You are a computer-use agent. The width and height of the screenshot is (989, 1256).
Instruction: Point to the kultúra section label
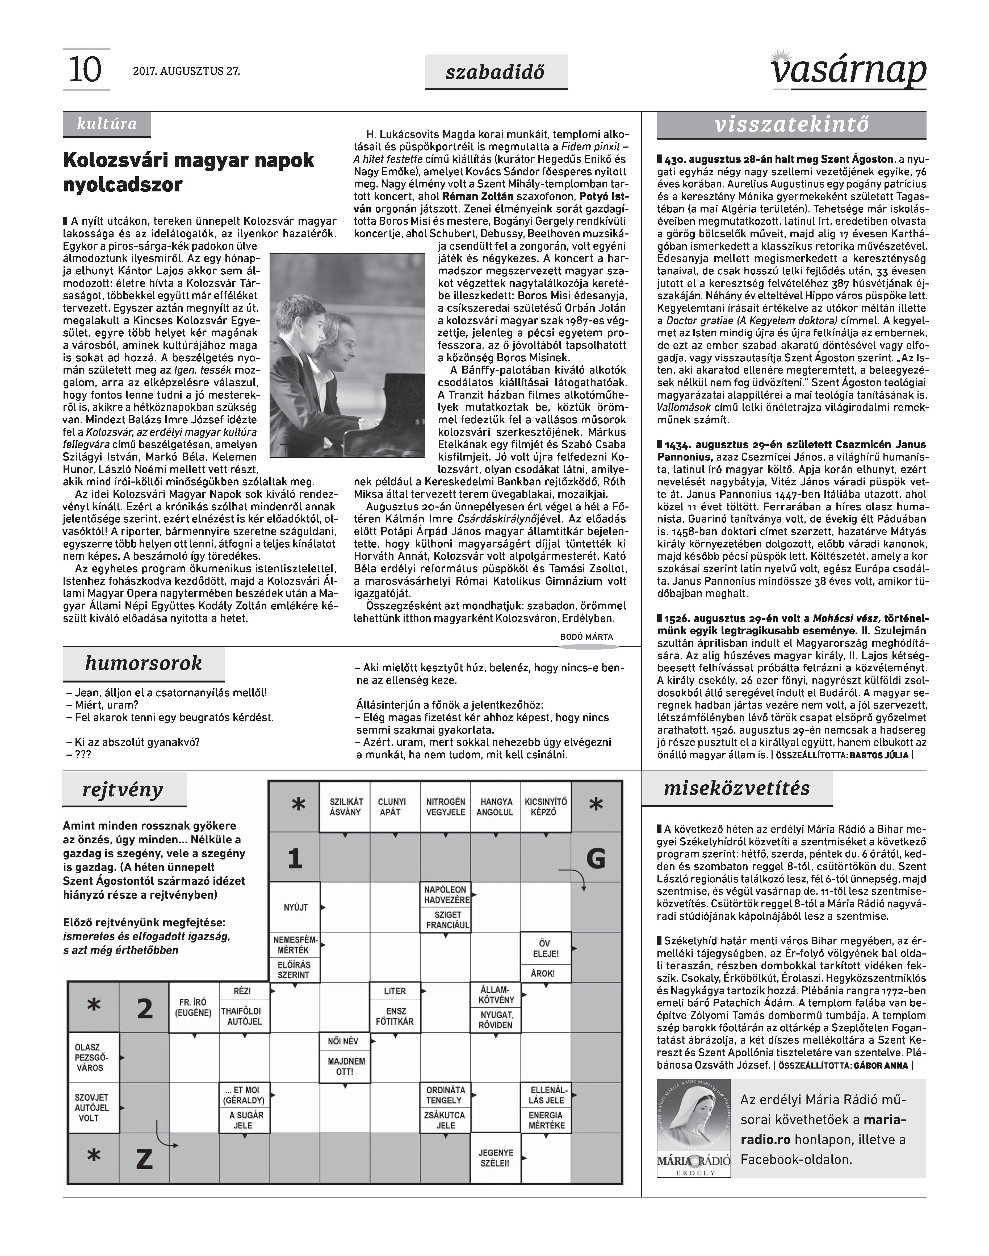[107, 124]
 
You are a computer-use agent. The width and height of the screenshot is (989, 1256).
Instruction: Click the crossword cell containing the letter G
[596, 858]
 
